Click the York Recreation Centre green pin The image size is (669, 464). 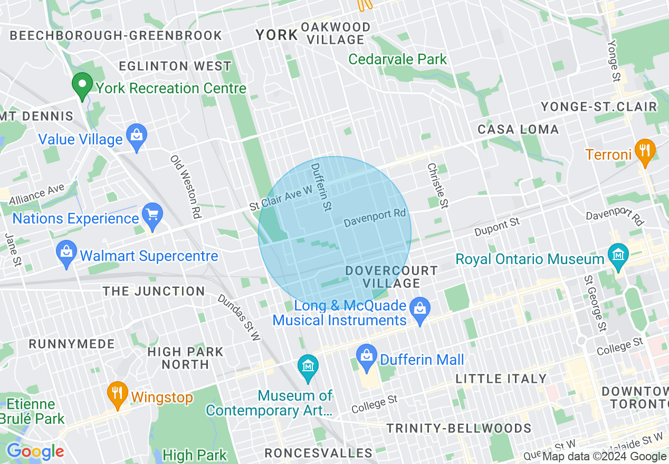[x=82, y=86]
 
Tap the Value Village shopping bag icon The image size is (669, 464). [x=137, y=138]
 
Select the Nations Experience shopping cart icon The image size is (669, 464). [x=153, y=217]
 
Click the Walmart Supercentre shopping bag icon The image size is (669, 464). [x=66, y=255]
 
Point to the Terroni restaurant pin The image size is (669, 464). [x=644, y=152]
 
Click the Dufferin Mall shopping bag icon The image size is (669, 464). [x=366, y=358]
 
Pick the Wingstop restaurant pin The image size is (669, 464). [x=117, y=395]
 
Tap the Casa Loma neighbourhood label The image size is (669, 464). [x=518, y=129]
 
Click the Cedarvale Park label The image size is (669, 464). [x=398, y=59]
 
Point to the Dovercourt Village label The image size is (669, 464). [x=391, y=277]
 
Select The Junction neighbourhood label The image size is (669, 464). [x=154, y=291]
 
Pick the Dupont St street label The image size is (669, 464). [x=496, y=228]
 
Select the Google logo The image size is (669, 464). [x=35, y=451]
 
